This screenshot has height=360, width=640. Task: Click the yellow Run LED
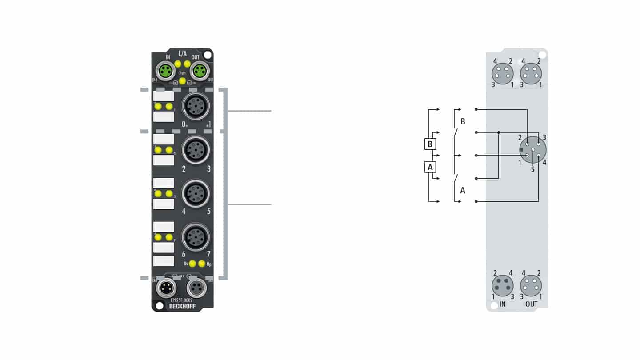(182, 80)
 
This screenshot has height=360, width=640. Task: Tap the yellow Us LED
(192, 264)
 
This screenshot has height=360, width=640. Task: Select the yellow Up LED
(202, 264)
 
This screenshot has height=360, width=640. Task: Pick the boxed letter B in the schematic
(430, 144)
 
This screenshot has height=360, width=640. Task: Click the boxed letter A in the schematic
(430, 167)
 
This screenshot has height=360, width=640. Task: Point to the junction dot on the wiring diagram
(499, 132)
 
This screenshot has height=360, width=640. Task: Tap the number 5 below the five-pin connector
(532, 169)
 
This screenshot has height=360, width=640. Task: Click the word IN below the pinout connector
(502, 304)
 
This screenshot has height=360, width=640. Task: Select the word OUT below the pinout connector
(531, 304)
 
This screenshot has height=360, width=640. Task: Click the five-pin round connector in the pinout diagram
(532, 150)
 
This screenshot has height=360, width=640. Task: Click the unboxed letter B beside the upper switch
(463, 121)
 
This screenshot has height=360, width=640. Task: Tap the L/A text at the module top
(182, 54)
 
